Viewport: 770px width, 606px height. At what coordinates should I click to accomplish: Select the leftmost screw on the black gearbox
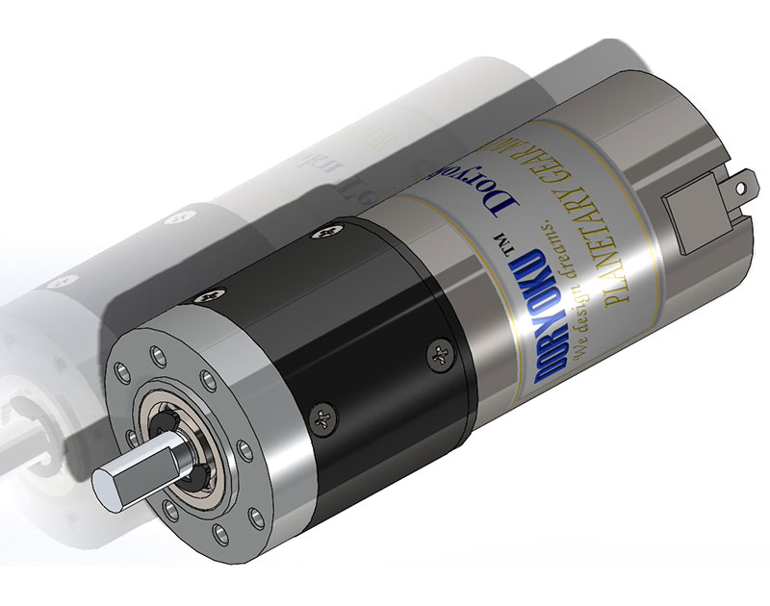point(204,298)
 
